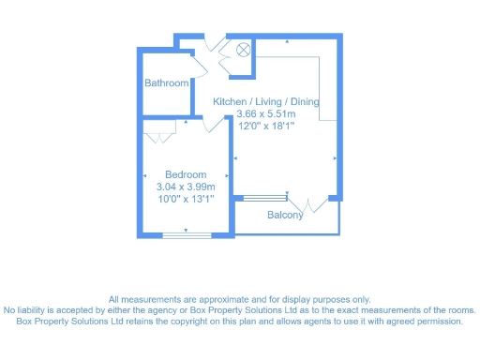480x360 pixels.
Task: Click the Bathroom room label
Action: (x=167, y=83)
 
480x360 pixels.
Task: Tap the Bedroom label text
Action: (x=186, y=174)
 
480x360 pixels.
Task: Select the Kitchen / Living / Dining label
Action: (x=266, y=101)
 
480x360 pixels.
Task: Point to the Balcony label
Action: (x=285, y=216)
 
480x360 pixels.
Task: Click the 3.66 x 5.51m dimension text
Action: (x=266, y=113)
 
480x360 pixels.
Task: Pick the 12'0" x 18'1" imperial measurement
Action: (x=266, y=126)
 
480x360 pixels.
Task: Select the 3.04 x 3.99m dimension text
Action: (x=186, y=187)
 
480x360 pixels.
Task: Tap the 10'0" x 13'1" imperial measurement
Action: (x=186, y=199)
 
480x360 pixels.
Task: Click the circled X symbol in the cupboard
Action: (x=242, y=50)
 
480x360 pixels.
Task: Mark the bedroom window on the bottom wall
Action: (x=186, y=233)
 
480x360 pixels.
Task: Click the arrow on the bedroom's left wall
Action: (x=144, y=175)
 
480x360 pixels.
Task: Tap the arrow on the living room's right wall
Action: (x=336, y=158)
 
